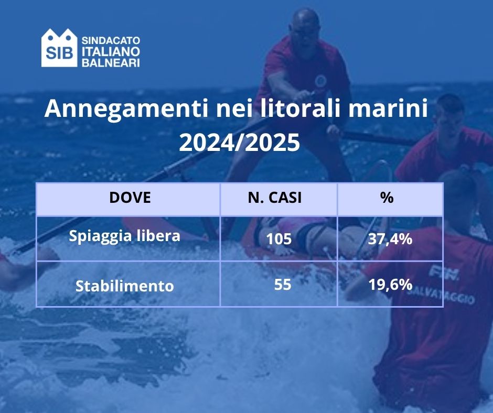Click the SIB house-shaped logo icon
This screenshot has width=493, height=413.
59,48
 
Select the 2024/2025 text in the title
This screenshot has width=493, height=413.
239,142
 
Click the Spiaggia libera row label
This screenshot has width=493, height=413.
125,236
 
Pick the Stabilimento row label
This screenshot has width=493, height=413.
125,286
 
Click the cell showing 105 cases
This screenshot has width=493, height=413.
278,239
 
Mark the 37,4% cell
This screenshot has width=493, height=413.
390,239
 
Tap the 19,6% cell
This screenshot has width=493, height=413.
390,285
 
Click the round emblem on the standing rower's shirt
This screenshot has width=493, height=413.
320,81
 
